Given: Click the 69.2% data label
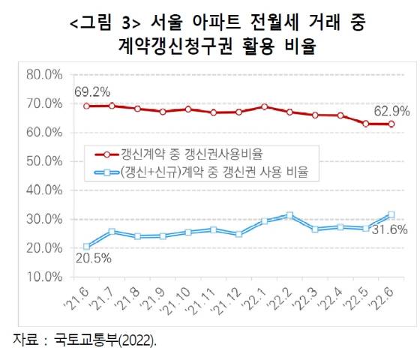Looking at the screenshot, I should click(92, 92).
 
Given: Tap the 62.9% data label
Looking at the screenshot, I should click(391, 110).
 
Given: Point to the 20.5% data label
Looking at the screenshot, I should click(92, 259).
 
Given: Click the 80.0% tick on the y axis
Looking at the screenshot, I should click(43, 74).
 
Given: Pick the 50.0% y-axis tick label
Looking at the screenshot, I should click(43, 160).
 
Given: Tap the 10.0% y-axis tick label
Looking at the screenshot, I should click(43, 276).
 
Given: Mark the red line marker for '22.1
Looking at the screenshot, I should click(265, 106).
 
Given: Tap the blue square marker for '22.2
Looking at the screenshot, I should click(289, 216).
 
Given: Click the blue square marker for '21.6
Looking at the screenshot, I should click(87, 246).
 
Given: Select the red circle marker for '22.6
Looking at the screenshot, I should click(391, 124).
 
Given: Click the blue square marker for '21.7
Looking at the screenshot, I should click(112, 232).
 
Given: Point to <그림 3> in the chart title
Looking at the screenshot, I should click(95, 23).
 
